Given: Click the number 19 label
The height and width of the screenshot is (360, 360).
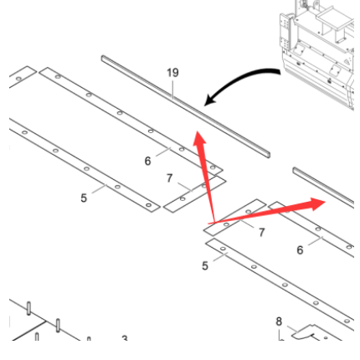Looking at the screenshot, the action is pyautogui.click(x=172, y=73).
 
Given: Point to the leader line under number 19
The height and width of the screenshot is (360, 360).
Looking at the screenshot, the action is pyautogui.click(x=172, y=90).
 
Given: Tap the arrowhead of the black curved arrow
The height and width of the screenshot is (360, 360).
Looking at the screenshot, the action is pyautogui.click(x=210, y=100).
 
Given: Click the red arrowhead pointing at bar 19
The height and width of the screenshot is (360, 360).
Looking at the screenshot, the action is pyautogui.click(x=200, y=139).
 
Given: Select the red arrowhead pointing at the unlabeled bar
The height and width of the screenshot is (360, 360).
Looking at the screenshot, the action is pyautogui.click(x=317, y=203).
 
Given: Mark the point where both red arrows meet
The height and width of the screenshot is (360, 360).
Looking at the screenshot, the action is pyautogui.click(x=214, y=223).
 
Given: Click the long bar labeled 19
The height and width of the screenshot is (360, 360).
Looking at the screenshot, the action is pyautogui.click(x=186, y=106).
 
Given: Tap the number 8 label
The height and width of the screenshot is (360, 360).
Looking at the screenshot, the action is pyautogui.click(x=279, y=321).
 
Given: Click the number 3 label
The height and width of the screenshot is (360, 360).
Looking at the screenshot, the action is pyautogui.click(x=125, y=338).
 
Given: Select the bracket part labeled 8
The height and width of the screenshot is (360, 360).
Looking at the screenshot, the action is pyautogui.click(x=316, y=333).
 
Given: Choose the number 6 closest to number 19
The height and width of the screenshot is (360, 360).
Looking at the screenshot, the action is pyautogui.click(x=147, y=161).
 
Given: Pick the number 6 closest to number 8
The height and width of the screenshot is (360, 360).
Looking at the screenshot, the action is pyautogui.click(x=300, y=250).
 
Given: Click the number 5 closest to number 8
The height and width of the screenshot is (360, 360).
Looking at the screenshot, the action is pyautogui.click(x=205, y=265).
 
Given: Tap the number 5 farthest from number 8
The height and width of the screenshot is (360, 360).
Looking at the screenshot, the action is pyautogui.click(x=84, y=198).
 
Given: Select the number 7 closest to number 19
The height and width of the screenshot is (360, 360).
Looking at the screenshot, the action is pyautogui.click(x=169, y=178).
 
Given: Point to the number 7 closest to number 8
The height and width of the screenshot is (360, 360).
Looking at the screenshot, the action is pyautogui.click(x=261, y=232).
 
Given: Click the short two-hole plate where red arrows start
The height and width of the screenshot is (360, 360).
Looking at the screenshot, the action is pyautogui.click(x=234, y=218).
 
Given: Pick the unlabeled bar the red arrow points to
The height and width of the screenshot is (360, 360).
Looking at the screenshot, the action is pyautogui.click(x=323, y=188).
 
